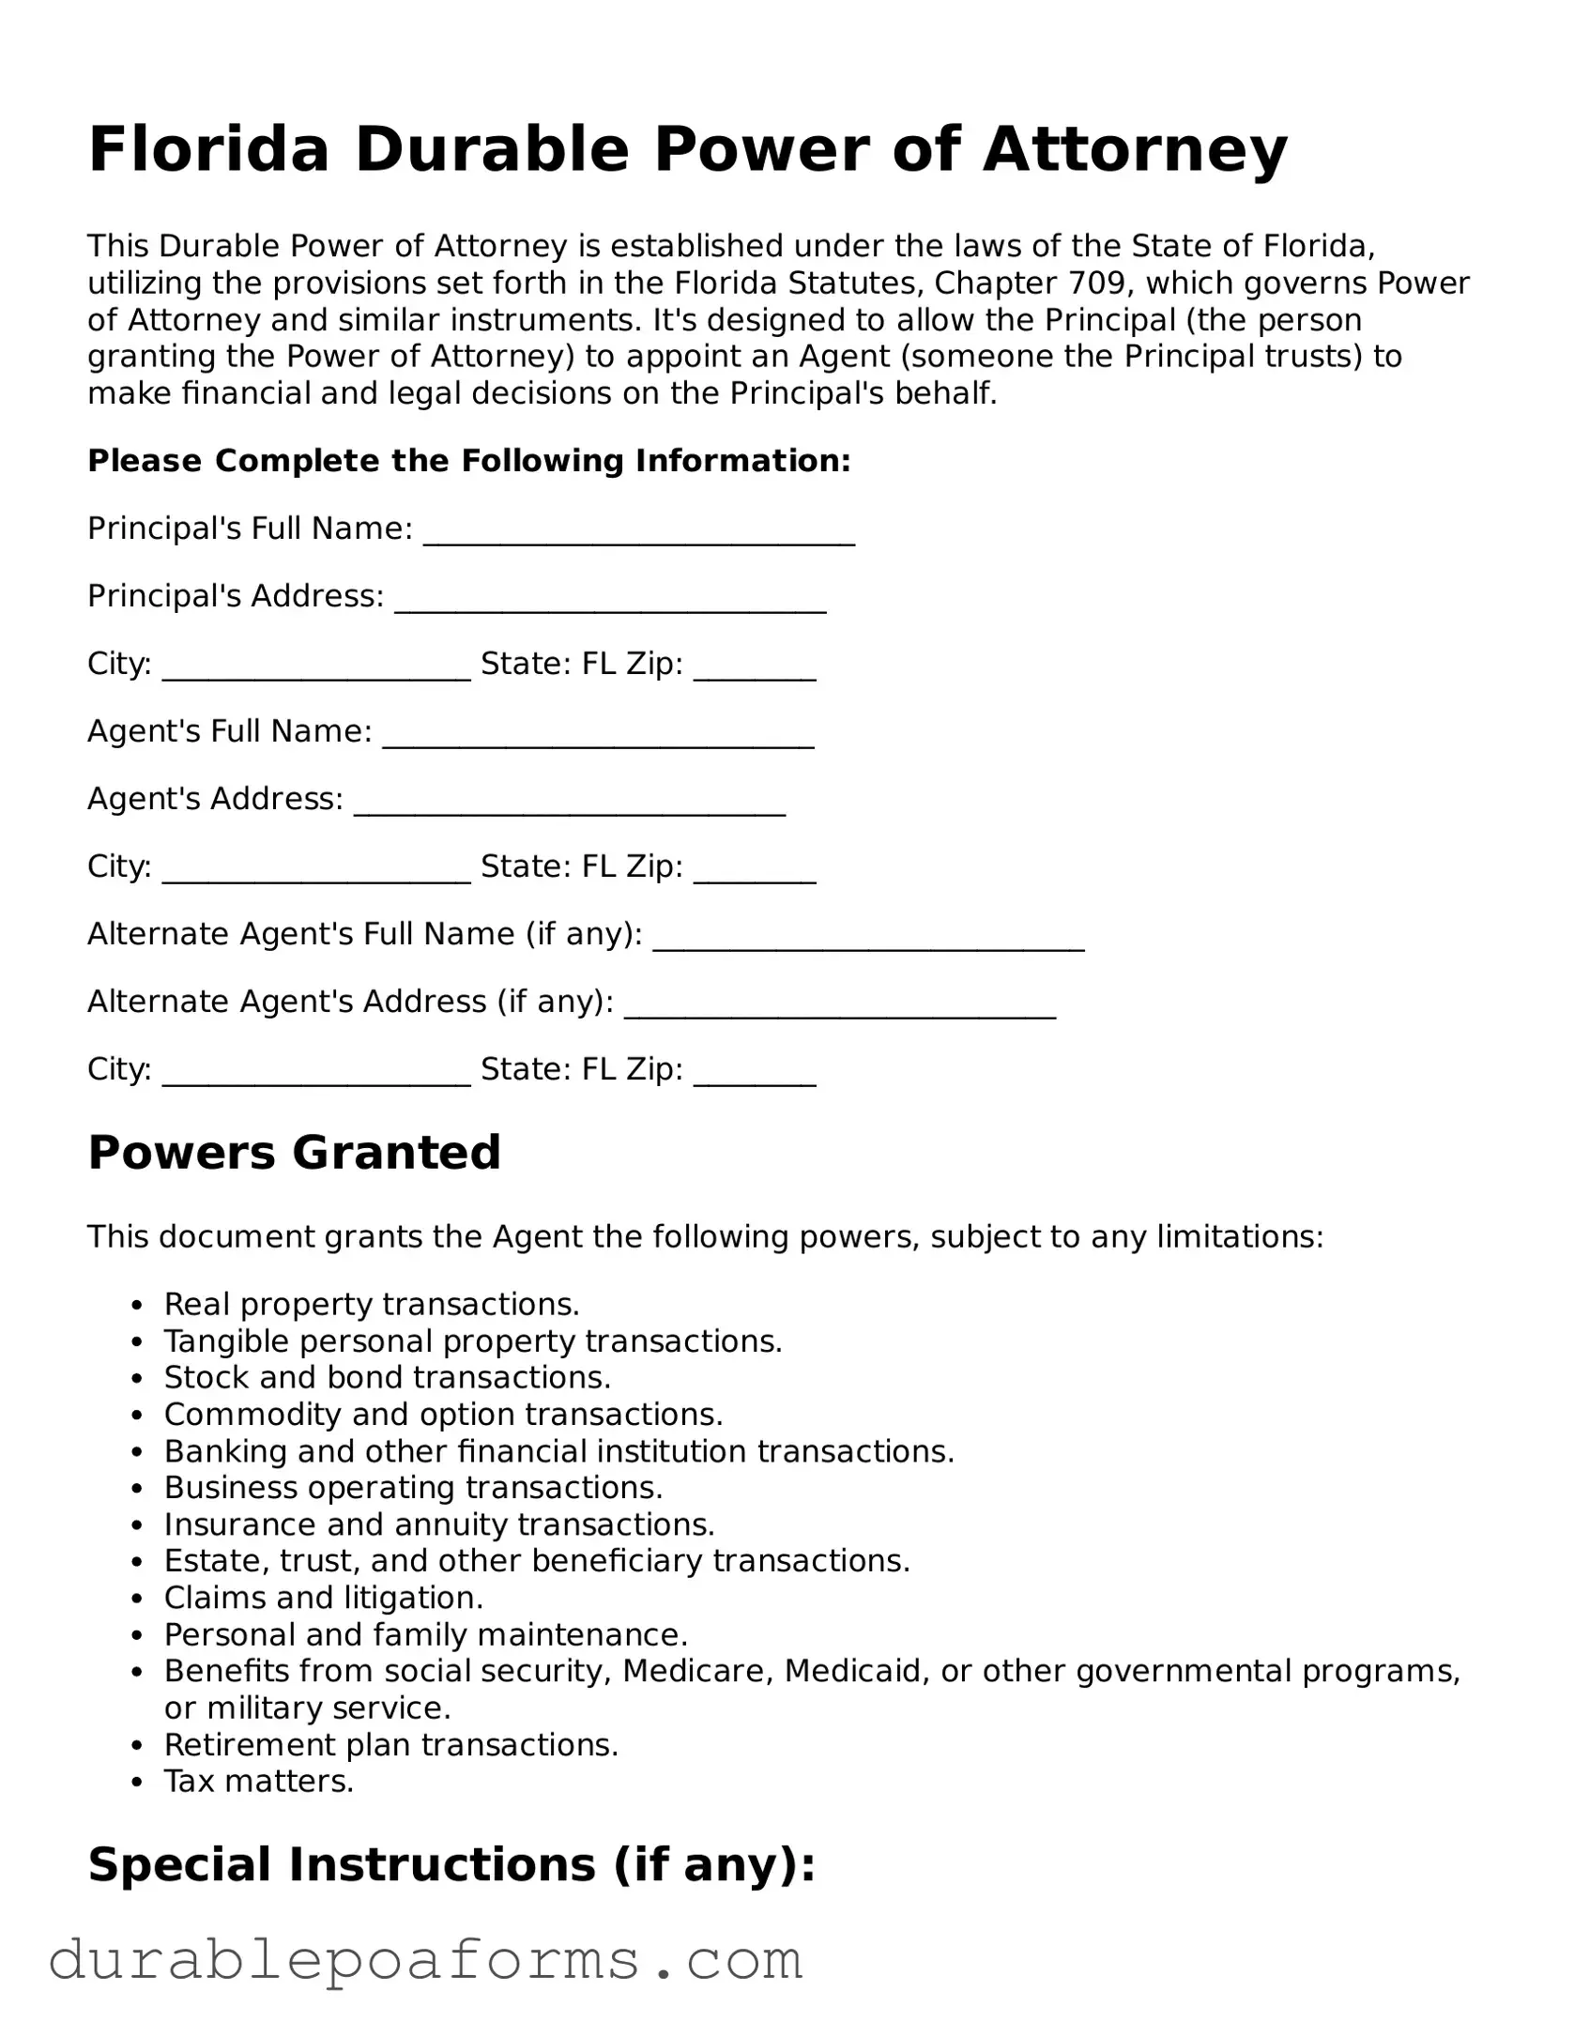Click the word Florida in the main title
click(208, 150)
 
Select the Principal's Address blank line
click(610, 603)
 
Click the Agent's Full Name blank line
click(598, 738)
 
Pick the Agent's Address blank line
click(569, 805)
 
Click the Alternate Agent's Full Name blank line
click(868, 941)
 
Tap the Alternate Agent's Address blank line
click(840, 1008)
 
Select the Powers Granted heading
click(294, 1152)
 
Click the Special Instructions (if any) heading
click(451, 1864)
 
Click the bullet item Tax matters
click(259, 1781)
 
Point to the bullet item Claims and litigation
click(324, 1597)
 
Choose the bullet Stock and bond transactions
click(388, 1377)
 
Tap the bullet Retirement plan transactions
click(391, 1744)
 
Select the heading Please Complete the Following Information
click(468, 461)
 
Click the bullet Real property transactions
click(372, 1304)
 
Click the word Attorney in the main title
click(1135, 150)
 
